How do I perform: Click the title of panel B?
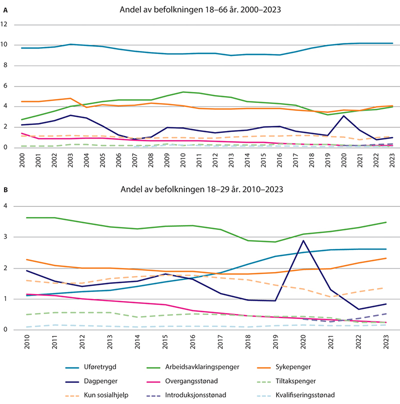(199, 190)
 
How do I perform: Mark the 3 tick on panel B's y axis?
(6, 237)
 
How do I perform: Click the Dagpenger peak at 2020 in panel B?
(302, 241)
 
